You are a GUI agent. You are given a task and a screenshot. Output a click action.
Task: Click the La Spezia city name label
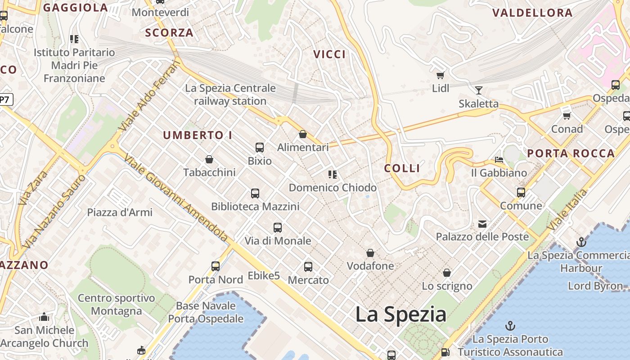(x=400, y=314)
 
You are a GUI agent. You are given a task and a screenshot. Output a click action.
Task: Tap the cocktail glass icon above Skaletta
(x=479, y=90)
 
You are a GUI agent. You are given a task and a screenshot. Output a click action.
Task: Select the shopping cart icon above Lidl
(x=440, y=75)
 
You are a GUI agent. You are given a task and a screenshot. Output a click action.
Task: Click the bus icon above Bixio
(x=260, y=147)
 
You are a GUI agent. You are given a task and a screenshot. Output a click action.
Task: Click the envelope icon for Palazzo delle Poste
(x=482, y=224)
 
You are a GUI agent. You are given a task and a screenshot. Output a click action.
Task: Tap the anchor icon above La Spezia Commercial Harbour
(x=581, y=242)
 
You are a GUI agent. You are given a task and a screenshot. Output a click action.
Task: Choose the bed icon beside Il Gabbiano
(x=499, y=160)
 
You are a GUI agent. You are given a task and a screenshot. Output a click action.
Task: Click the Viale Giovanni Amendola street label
(x=176, y=198)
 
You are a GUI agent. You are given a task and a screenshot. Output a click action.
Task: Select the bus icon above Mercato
(x=308, y=266)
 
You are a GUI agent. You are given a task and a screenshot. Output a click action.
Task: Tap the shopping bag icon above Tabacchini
(x=209, y=159)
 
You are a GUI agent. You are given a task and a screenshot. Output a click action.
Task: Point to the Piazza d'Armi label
(x=120, y=212)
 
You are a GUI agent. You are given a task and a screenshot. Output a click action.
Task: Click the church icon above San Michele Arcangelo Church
(x=44, y=317)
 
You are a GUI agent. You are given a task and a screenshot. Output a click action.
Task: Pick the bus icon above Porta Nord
(x=216, y=266)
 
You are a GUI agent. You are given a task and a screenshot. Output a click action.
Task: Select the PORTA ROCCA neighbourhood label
(x=571, y=153)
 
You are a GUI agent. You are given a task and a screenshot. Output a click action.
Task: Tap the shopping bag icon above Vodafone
(x=370, y=253)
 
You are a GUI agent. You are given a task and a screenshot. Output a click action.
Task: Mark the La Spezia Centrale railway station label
(x=230, y=94)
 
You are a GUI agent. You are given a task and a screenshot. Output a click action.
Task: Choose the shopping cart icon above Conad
(x=567, y=116)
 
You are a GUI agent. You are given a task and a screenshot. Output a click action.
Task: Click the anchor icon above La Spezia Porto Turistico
(x=510, y=325)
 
